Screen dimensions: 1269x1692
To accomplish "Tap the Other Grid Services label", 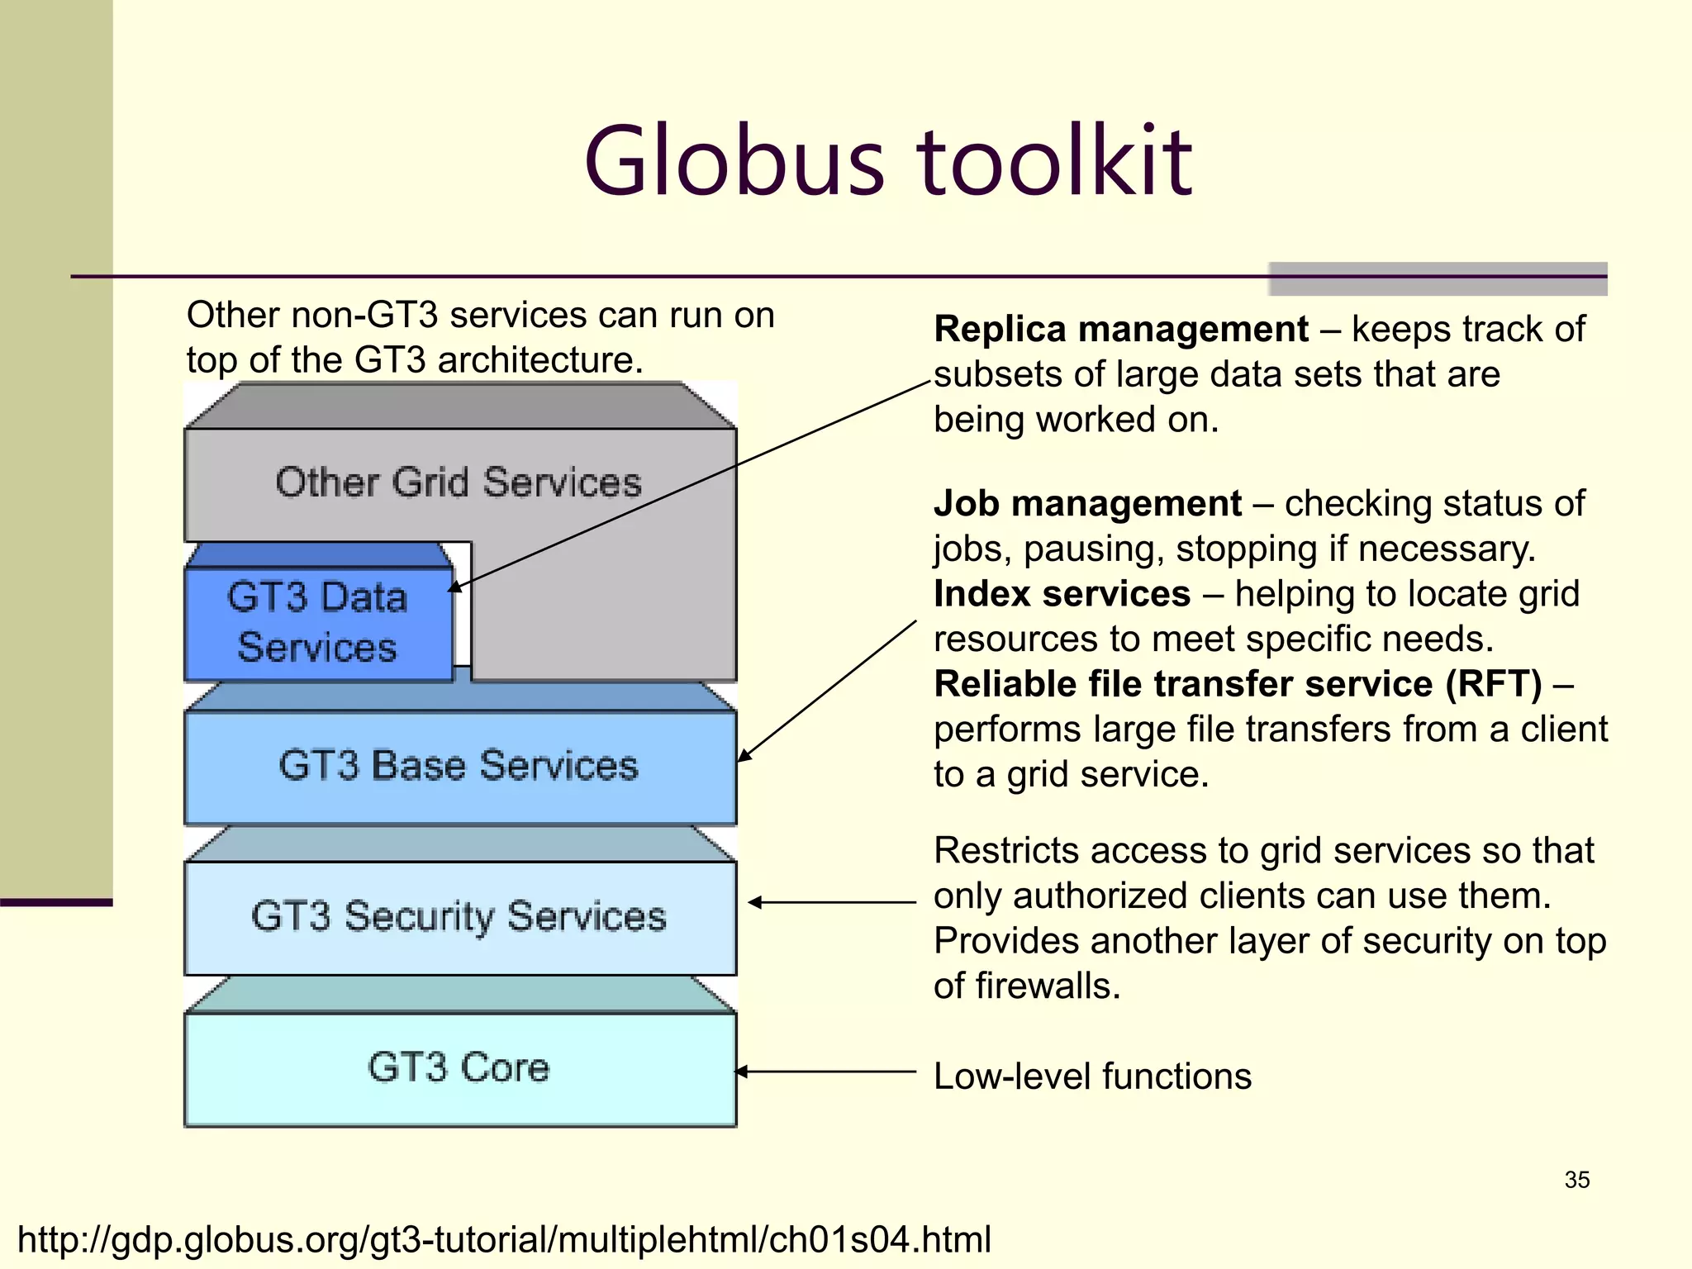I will click(459, 482).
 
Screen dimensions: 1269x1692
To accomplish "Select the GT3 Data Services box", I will click(318, 622).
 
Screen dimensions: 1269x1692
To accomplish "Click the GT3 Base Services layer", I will click(459, 766).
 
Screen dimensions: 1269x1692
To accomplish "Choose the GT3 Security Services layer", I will click(459, 916).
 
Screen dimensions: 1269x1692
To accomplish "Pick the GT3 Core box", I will click(459, 1067).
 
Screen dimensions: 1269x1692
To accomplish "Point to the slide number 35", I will click(1576, 1180).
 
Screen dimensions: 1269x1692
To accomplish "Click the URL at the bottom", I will click(504, 1239).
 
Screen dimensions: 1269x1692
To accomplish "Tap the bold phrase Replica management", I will click(1120, 330).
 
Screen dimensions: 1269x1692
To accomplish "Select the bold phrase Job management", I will click(1087, 504).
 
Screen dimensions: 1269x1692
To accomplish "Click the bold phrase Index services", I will click(1062, 594).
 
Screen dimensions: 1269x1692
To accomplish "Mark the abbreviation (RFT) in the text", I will click(1493, 684).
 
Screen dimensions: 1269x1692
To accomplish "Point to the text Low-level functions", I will click(1092, 1077).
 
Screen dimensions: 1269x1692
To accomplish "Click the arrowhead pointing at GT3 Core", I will click(741, 1072).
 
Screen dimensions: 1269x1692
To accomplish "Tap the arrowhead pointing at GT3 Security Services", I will click(754, 902).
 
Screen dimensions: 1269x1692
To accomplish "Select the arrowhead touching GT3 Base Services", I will click(744, 755).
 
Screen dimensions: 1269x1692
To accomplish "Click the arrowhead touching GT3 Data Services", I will click(454, 587).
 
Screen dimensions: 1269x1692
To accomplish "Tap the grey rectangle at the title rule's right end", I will click(1438, 279).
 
